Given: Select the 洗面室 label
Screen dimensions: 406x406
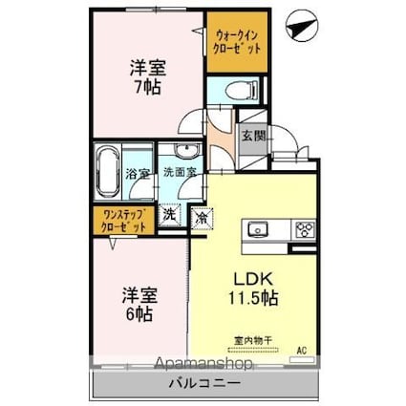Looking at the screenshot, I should [x=179, y=172].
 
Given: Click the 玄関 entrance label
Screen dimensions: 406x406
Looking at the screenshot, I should [x=252, y=137].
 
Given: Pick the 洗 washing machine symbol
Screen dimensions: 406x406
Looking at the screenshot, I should [x=169, y=217].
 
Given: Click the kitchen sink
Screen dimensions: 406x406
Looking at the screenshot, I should [x=258, y=229].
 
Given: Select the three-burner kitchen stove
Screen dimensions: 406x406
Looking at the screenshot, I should [x=306, y=229].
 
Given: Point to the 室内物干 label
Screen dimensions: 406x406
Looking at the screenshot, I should [x=253, y=338].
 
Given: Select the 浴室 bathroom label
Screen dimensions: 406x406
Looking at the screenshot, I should [x=137, y=174].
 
